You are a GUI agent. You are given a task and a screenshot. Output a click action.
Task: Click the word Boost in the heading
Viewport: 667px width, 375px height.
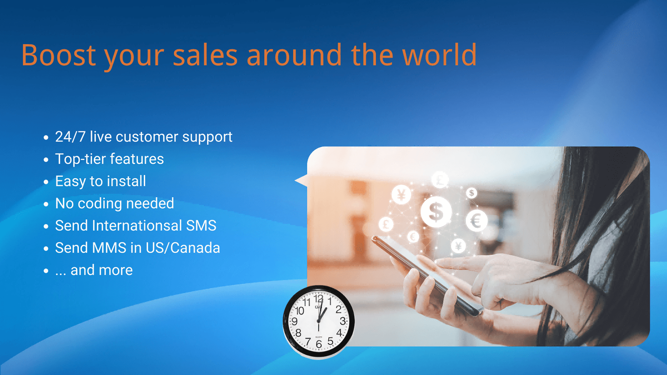[58, 55]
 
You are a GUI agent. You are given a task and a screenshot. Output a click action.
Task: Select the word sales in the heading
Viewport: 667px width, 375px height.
[205, 55]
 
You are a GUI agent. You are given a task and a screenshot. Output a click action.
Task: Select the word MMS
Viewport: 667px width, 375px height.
[109, 248]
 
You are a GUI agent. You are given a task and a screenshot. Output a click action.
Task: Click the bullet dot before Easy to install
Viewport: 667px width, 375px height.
[46, 182]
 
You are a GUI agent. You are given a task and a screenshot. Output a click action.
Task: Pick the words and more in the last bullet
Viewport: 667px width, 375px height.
[101, 270]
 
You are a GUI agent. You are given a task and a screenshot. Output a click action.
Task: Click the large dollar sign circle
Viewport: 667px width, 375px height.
[436, 212]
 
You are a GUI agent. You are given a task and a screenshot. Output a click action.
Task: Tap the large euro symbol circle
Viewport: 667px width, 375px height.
[476, 221]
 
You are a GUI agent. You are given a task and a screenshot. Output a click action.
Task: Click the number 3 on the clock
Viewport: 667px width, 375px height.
[342, 321]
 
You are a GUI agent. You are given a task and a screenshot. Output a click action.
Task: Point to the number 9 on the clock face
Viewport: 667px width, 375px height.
[294, 321]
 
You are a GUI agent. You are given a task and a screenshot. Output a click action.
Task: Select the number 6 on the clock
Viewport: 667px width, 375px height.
[318, 344]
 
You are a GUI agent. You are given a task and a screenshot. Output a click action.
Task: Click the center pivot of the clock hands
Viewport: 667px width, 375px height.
[318, 321]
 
